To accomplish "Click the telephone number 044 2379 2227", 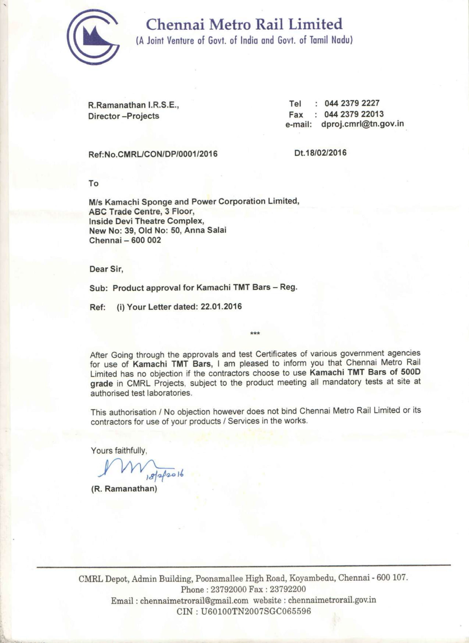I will tap(352, 103).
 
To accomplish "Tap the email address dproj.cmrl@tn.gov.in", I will tap(362, 124).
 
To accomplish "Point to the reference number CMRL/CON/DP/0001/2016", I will tap(167, 154).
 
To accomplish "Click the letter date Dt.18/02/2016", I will tap(321, 153).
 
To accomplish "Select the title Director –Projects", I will tap(124, 116).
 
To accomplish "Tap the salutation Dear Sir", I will tap(106, 269).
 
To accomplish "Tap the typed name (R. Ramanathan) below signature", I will tap(124, 489).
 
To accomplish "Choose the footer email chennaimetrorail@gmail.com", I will tap(194, 601).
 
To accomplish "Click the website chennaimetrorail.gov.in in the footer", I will tap(332, 600).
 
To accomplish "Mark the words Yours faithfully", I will tap(118, 450).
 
